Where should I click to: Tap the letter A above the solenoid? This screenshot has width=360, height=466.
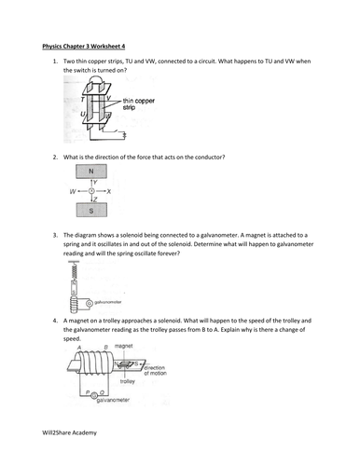(86, 347)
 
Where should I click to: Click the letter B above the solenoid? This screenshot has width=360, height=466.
(110, 347)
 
